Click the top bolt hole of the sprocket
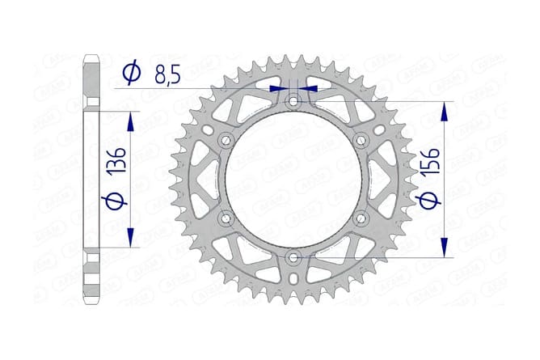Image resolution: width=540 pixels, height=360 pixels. point(293,101)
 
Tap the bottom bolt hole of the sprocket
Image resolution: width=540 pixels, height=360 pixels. point(293,258)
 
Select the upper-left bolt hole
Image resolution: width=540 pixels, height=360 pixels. point(225,141)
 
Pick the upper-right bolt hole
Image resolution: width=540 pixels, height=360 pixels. point(361,141)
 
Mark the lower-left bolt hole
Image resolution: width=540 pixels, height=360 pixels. point(225,218)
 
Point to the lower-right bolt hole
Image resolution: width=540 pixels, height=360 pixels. point(361,218)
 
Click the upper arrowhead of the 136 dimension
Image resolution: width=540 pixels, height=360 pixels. point(129,120)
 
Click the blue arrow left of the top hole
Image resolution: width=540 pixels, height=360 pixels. point(278,87)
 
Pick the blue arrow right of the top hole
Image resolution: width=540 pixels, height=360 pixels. point(309,87)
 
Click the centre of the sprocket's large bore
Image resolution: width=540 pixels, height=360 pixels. point(293,180)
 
